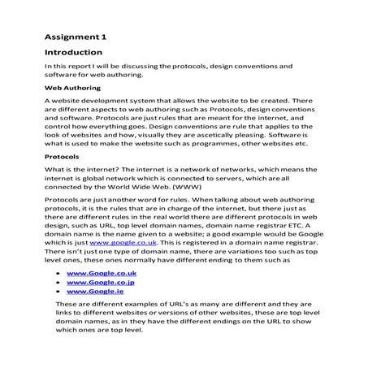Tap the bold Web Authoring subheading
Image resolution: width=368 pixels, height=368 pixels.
coord(72,84)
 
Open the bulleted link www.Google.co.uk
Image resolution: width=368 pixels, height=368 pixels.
coord(101,274)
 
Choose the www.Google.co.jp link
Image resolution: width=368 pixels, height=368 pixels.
coord(100,286)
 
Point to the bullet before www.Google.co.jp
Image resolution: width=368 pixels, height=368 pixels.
coord(58,287)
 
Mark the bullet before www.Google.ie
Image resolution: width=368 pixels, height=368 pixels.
coord(58,299)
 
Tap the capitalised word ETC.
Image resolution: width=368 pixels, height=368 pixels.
coord(290,220)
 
